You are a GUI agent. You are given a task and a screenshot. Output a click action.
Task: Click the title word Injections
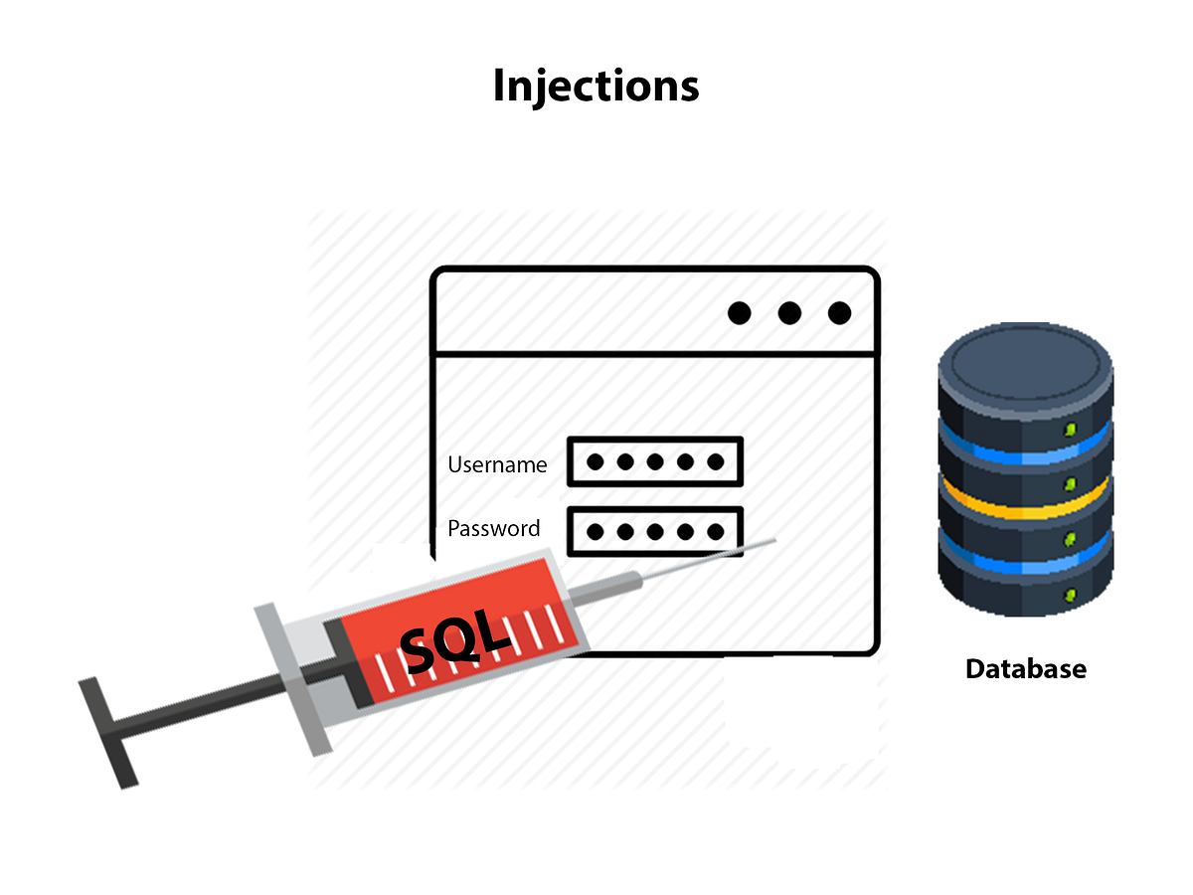tap(596, 87)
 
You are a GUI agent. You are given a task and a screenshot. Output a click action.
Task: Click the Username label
tap(497, 464)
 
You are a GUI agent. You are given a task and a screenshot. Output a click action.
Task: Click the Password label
tap(494, 528)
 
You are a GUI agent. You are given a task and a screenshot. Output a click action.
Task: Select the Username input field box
tap(655, 462)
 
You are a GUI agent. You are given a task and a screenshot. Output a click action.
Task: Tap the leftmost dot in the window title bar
tap(739, 314)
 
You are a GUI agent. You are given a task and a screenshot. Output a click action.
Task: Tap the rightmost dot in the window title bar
tap(840, 314)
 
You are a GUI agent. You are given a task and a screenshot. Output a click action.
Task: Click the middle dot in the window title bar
tap(789, 314)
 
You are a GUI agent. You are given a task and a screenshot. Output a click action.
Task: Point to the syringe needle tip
tap(773, 542)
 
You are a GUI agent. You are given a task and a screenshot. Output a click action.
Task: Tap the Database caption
tap(1026, 668)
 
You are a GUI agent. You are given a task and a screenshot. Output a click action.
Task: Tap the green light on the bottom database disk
tap(1071, 595)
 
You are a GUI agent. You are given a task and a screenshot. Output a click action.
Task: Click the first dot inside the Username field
tap(595, 462)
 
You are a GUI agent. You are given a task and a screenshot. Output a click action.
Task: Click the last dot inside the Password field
tap(715, 532)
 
